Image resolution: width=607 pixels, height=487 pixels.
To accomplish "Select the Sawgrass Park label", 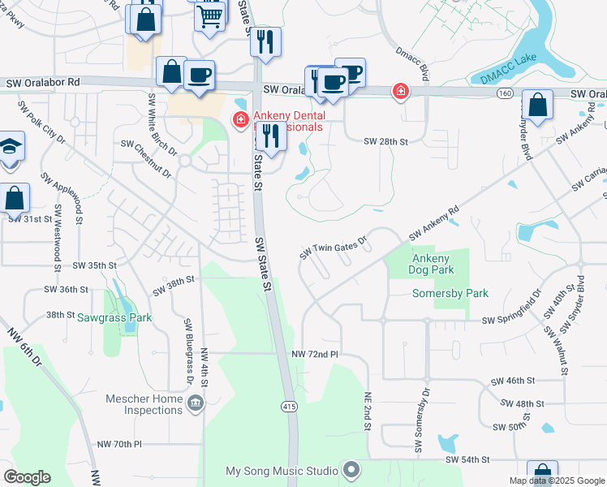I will click(x=114, y=318).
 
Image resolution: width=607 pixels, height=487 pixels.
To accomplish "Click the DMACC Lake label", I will click(x=507, y=68).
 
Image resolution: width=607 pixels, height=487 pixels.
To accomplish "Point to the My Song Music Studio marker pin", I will click(x=351, y=470).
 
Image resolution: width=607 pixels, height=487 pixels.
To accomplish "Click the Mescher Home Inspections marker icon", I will click(x=195, y=403).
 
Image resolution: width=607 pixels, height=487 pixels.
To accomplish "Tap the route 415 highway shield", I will click(x=290, y=404).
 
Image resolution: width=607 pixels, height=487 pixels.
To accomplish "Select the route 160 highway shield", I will click(x=505, y=93).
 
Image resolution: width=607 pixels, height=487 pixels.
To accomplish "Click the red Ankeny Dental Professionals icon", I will click(x=240, y=121).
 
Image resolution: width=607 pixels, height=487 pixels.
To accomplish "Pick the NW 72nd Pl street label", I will click(x=314, y=355).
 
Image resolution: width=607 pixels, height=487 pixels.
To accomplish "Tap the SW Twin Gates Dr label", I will click(x=334, y=247).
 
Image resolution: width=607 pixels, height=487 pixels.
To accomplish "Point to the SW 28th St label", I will click(x=385, y=141).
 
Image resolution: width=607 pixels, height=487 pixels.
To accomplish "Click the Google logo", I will click(x=27, y=477).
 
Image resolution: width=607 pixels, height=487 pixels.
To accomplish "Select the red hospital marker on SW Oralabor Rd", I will click(x=400, y=91).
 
